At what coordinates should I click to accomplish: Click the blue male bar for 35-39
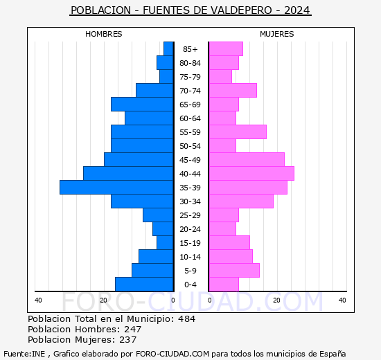click(x=116, y=188)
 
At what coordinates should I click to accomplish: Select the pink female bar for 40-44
click(x=251, y=174)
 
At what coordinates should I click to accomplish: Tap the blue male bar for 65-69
click(x=142, y=105)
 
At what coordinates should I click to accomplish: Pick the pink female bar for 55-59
click(x=238, y=132)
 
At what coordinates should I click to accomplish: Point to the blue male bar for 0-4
click(x=144, y=285)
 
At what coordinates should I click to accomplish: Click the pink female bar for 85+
click(x=226, y=49)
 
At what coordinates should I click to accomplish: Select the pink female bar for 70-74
click(x=233, y=91)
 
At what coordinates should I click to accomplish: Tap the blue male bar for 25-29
click(x=158, y=215)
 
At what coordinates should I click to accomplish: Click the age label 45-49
click(x=190, y=160)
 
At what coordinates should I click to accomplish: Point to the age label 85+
click(x=190, y=49)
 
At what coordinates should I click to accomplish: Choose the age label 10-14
click(x=190, y=257)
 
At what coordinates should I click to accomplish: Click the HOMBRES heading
click(x=104, y=34)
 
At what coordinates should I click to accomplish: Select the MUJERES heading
click(x=277, y=34)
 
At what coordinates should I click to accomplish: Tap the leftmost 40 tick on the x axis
click(x=38, y=300)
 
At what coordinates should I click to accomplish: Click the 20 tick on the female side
click(x=276, y=300)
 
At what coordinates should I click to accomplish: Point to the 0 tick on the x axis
click(x=173, y=300)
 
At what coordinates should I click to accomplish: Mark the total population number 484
click(x=186, y=319)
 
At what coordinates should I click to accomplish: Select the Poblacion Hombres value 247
click(x=132, y=330)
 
